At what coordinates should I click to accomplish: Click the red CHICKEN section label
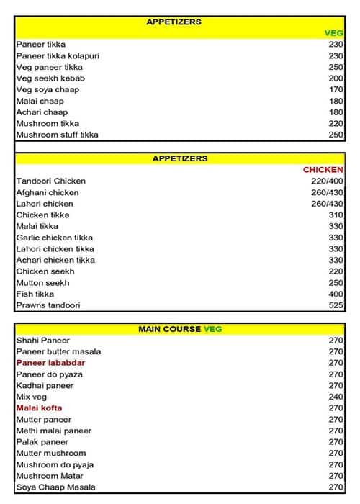pyautogui.click(x=323, y=170)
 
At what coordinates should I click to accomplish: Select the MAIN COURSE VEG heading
pyautogui.click(x=180, y=329)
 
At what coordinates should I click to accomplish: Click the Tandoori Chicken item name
pyautogui.click(x=50, y=181)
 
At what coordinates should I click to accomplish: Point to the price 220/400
pyautogui.click(x=326, y=181)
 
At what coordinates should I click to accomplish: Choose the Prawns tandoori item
pyautogui.click(x=48, y=305)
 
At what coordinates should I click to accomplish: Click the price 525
pyautogui.click(x=336, y=305)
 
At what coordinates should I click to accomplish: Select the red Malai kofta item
pyautogui.click(x=39, y=408)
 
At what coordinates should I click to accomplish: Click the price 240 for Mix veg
pyautogui.click(x=336, y=397)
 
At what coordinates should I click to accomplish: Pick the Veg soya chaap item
pyautogui.click(x=48, y=89)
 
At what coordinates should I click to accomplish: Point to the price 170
pyautogui.click(x=336, y=89)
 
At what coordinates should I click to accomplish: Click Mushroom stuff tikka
pyautogui.click(x=57, y=135)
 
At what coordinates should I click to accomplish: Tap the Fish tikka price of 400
pyautogui.click(x=336, y=294)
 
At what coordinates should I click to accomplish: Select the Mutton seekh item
pyautogui.click(x=43, y=283)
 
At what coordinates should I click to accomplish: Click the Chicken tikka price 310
pyautogui.click(x=336, y=215)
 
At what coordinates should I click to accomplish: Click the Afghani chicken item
pyautogui.click(x=48, y=193)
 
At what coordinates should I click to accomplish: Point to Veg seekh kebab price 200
pyautogui.click(x=336, y=78)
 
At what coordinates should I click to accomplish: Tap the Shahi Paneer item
pyautogui.click(x=43, y=341)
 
